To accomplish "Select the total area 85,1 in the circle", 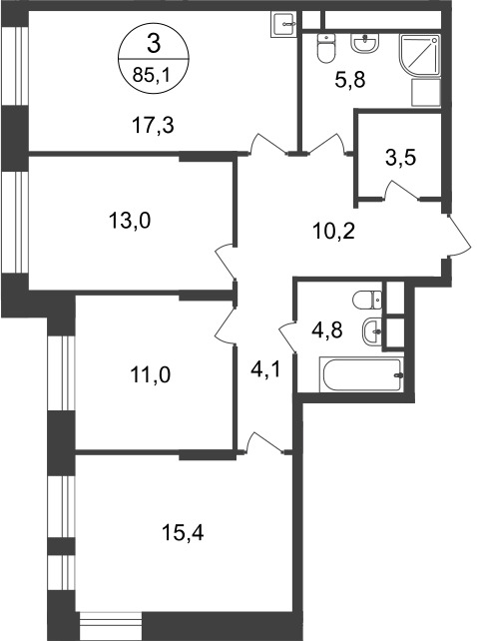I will (x=151, y=72).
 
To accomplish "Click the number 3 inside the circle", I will (x=152, y=43).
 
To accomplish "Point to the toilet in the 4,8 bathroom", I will (x=368, y=297).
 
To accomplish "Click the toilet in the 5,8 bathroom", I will (x=323, y=47).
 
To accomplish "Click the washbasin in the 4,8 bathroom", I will (x=370, y=328).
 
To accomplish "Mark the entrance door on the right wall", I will (x=456, y=238).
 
